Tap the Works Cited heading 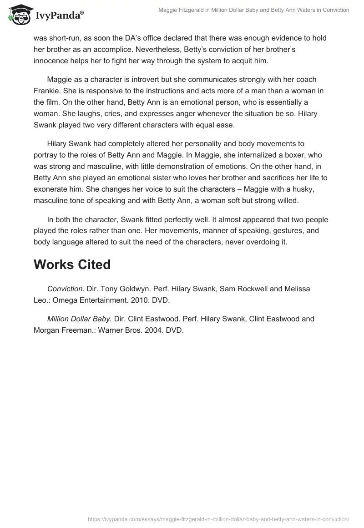click(x=72, y=264)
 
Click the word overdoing click(x=257, y=242)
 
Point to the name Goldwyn click(x=135, y=289)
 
